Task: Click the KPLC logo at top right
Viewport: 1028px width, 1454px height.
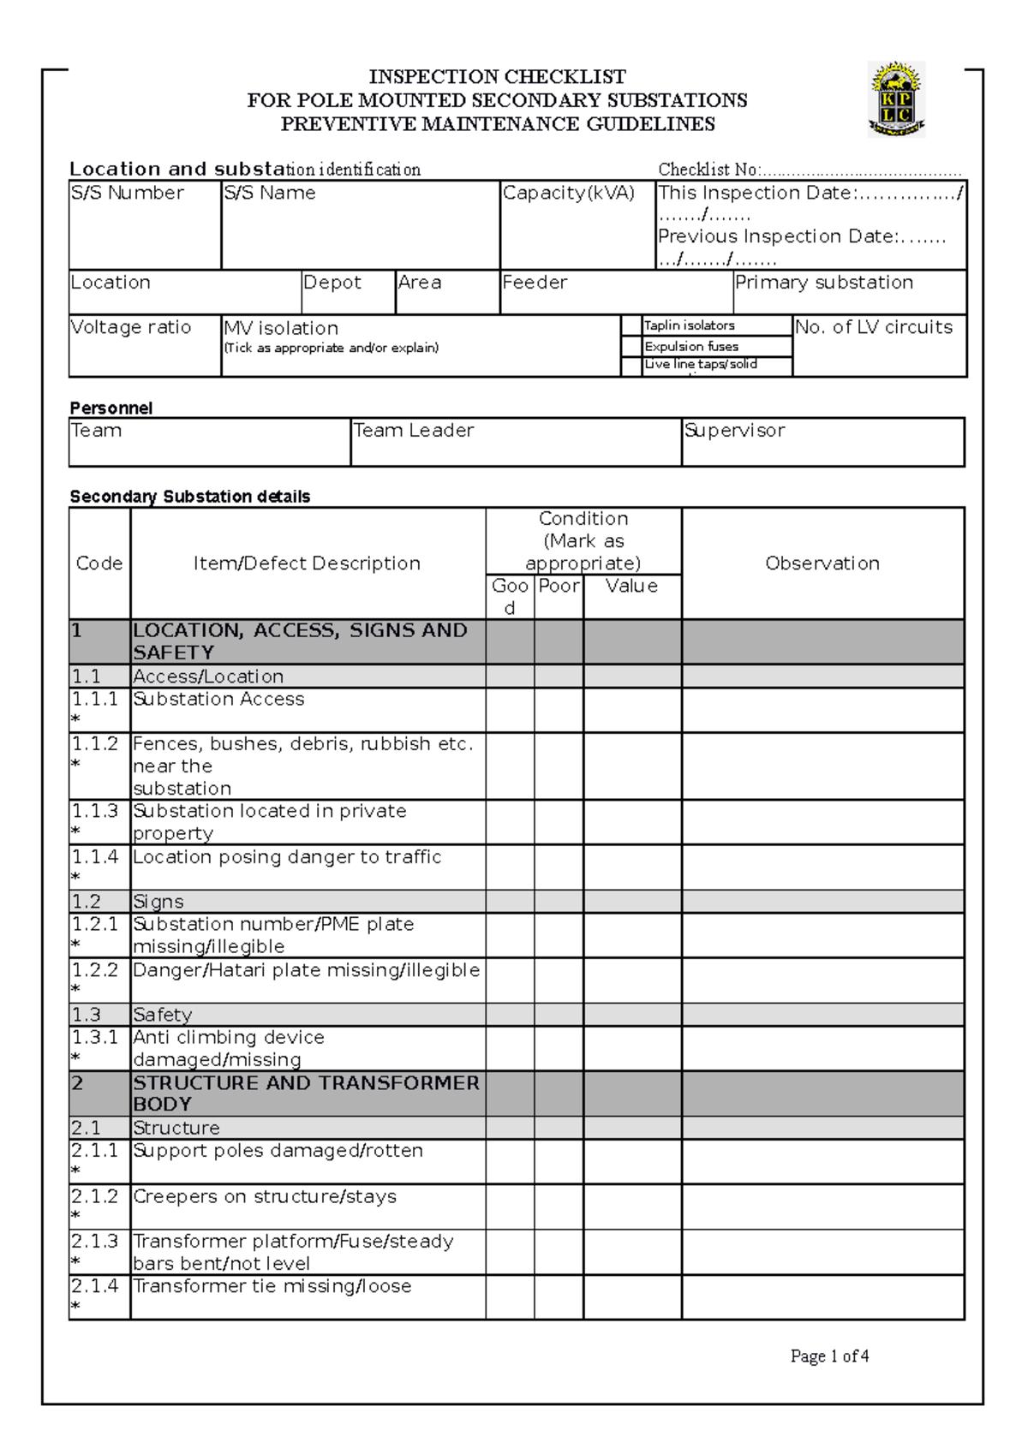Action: (896, 99)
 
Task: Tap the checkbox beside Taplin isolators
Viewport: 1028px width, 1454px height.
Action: (631, 325)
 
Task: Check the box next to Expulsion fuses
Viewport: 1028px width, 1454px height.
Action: (631, 346)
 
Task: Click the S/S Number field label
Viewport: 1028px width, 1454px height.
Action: (127, 194)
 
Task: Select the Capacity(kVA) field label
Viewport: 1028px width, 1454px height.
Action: (569, 194)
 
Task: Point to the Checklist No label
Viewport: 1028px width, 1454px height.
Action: (708, 170)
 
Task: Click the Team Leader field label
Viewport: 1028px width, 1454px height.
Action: (414, 431)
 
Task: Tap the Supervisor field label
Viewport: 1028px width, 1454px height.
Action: (734, 431)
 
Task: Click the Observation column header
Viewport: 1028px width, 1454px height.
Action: (822, 563)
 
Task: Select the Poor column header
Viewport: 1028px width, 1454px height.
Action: (559, 587)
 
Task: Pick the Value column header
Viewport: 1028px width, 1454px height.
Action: (631, 587)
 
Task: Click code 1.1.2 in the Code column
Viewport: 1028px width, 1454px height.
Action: (95, 744)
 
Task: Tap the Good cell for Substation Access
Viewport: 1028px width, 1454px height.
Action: (510, 710)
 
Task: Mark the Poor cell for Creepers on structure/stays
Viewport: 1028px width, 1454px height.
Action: (559, 1207)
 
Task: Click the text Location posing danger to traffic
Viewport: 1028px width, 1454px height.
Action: (287, 857)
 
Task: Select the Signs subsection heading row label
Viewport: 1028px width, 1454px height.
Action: (158, 902)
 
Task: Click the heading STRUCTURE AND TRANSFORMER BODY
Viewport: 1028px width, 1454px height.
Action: (306, 1093)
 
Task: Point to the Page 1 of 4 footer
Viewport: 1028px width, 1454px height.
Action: (829, 1356)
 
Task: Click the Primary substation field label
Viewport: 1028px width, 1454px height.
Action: (824, 283)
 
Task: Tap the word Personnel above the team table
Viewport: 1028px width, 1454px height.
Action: (111, 408)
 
